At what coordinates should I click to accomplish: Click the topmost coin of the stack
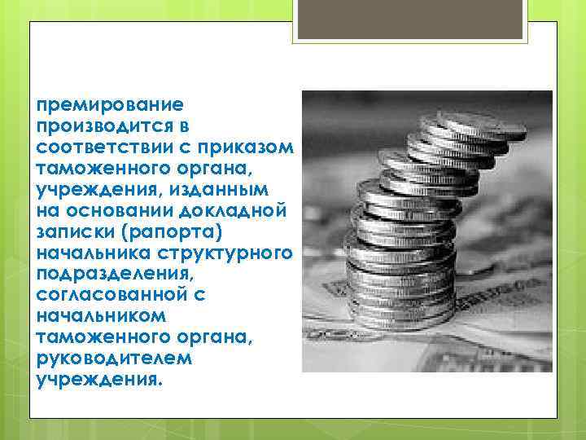480,125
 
